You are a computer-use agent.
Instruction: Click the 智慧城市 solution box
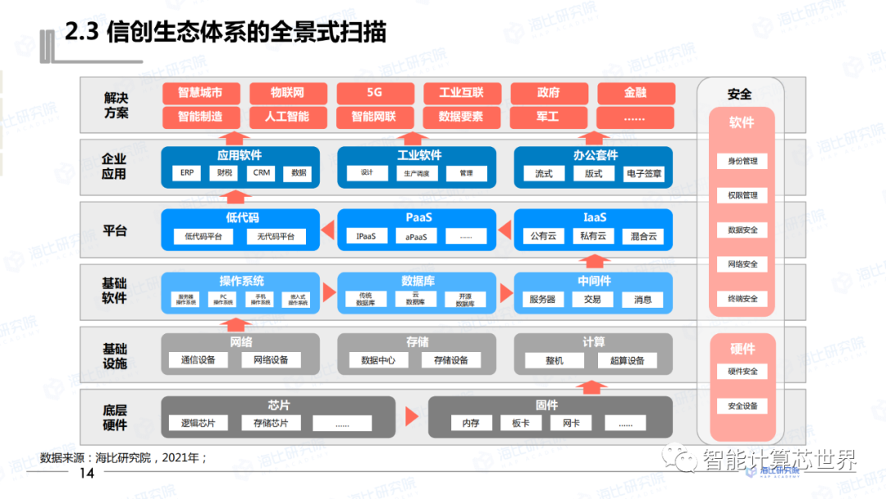(x=200, y=93)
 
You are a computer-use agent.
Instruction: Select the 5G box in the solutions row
(x=374, y=93)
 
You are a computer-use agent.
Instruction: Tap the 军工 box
(x=548, y=117)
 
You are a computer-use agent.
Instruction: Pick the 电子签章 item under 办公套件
(x=645, y=174)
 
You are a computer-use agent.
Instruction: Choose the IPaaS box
(x=366, y=236)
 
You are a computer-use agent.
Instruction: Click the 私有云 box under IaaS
(x=593, y=236)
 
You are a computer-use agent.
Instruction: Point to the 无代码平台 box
(x=276, y=236)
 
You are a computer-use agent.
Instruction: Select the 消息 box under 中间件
(x=643, y=300)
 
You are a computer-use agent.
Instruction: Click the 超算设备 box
(x=628, y=360)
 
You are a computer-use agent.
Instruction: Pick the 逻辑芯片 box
(x=198, y=423)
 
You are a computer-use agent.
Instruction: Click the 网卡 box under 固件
(x=571, y=423)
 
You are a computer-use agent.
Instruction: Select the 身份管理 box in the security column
(x=742, y=162)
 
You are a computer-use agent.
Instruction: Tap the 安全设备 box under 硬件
(x=742, y=406)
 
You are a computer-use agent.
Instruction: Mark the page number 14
(x=86, y=474)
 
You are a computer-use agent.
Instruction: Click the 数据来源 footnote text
(x=123, y=457)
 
